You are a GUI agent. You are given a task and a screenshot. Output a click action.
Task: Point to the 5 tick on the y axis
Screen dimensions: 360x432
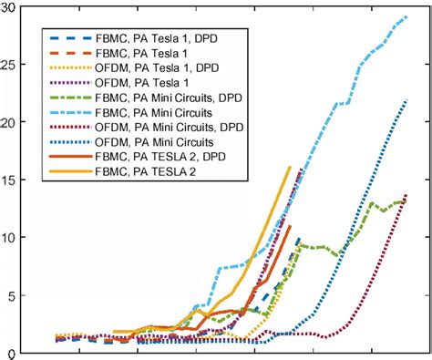[9, 295]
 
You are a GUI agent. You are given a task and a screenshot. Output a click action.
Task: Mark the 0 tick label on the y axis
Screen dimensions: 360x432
[9, 353]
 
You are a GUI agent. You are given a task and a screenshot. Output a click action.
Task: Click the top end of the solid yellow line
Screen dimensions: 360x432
[290, 167]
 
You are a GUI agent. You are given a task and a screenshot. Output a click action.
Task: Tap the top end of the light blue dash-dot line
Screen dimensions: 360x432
[406, 16]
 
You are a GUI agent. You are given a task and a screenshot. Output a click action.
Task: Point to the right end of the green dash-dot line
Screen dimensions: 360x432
[406, 202]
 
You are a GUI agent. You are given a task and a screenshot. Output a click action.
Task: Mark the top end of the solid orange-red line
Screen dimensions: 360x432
[291, 225]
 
